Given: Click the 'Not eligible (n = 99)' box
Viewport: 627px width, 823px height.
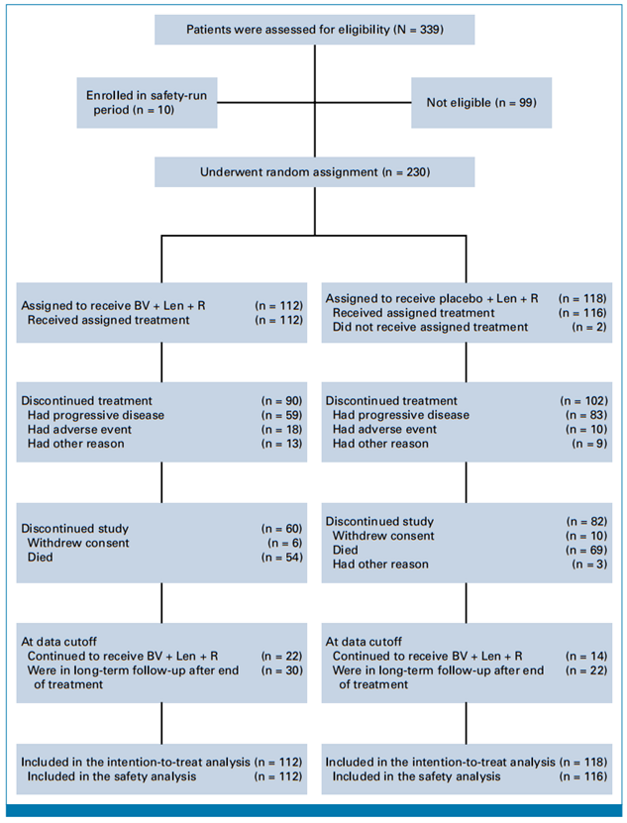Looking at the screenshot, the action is coord(481,103).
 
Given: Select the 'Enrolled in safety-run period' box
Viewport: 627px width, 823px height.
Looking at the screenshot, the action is coord(147,103).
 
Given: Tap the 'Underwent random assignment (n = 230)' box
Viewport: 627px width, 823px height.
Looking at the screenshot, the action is coord(315,172).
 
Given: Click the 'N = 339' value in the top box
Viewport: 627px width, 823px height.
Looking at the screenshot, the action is coord(420,30).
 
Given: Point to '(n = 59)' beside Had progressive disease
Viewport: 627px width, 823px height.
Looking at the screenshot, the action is coord(282,415).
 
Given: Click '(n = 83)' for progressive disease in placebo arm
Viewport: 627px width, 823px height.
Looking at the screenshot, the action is coord(586,415).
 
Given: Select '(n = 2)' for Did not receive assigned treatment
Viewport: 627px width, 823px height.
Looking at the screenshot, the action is coord(589,327).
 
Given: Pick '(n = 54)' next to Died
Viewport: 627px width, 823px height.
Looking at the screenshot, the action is coord(282,557).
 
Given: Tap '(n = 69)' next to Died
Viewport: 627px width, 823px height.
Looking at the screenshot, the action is coord(586,550).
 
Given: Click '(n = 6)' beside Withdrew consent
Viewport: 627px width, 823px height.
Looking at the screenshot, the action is coord(285,543).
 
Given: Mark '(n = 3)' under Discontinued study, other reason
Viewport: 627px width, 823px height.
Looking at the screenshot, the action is coord(589,565).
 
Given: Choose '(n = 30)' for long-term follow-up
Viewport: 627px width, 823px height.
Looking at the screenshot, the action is coord(282,670).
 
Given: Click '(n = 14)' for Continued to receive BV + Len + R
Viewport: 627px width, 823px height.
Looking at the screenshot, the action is coord(586,656).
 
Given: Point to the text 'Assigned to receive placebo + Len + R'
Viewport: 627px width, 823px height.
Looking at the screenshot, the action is coord(432,299).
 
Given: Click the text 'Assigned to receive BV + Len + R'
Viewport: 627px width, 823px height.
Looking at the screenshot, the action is coord(113,305).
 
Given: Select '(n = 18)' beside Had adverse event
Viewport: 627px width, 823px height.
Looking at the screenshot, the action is coord(282,430).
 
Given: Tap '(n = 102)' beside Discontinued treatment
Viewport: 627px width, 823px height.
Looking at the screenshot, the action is coord(584,400).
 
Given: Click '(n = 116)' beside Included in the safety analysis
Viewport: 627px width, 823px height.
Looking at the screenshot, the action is coord(583,776).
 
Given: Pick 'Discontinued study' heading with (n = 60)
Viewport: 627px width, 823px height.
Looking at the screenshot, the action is coord(74,529).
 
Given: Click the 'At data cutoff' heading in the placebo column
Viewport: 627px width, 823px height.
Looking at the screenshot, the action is coord(364,642).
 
